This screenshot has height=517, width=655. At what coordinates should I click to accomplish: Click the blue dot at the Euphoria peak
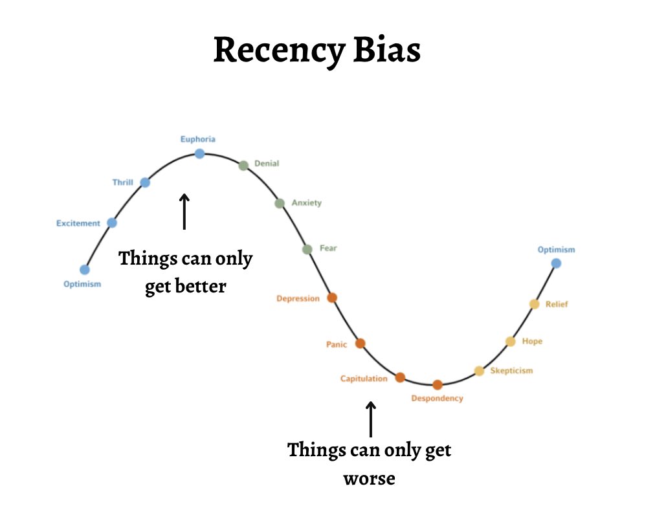(x=199, y=153)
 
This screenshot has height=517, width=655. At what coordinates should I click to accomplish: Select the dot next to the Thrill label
(x=145, y=182)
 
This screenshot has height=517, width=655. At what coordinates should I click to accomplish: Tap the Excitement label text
(x=78, y=223)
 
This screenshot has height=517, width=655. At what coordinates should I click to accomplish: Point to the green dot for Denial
(x=243, y=165)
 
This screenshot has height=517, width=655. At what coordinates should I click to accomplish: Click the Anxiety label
(x=306, y=203)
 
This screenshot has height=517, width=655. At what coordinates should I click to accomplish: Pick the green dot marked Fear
(x=307, y=249)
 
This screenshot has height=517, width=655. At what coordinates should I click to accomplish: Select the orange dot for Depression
(x=332, y=298)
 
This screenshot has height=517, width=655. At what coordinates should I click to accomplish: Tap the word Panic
(x=337, y=344)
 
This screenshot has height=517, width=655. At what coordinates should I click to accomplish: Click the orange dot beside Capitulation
(x=400, y=377)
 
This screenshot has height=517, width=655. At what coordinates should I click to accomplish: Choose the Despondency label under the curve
(x=438, y=399)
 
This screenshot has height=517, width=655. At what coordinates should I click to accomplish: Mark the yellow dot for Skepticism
(x=479, y=371)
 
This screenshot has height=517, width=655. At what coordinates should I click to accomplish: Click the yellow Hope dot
(x=510, y=342)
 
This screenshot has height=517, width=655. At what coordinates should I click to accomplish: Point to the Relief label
(x=557, y=304)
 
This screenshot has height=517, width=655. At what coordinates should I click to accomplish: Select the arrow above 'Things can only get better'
(x=184, y=211)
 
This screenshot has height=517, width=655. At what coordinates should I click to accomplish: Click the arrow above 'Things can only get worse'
(x=370, y=419)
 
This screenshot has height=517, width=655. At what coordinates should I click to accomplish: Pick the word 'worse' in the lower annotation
(x=369, y=479)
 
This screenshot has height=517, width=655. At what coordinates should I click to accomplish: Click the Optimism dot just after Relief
(x=556, y=263)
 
